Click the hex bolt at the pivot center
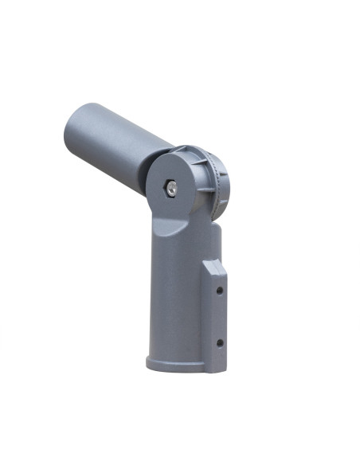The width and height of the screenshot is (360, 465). coord(170,188)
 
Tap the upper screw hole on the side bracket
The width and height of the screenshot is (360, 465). coord(219,291)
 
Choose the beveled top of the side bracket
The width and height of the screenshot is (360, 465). coord(213,265)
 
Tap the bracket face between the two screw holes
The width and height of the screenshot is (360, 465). coord(219,317)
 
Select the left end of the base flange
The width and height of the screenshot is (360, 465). coord(149,363)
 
